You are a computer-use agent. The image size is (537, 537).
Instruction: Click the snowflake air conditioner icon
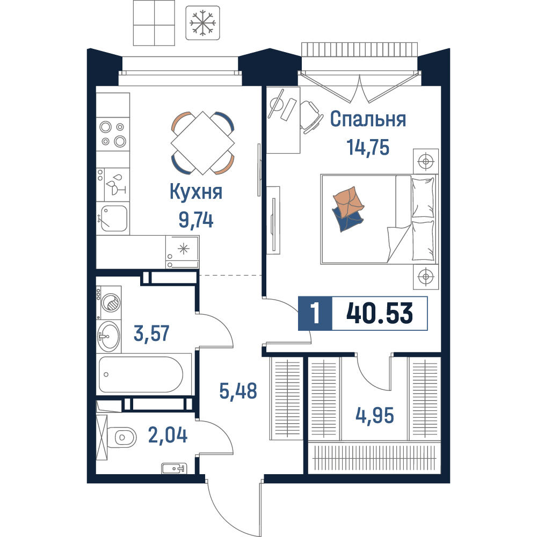[x=202, y=23]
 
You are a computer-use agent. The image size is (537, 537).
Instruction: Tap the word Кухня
[x=196, y=192]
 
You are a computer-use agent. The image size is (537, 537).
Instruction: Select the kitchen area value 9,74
[x=196, y=220]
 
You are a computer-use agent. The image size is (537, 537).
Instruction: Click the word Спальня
[x=368, y=119]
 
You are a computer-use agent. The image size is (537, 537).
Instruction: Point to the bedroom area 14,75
[x=368, y=147]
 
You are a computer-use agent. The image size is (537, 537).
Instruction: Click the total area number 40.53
[x=380, y=314]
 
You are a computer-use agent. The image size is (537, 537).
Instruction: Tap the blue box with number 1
[x=315, y=314]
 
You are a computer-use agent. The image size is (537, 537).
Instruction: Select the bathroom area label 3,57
[x=151, y=333]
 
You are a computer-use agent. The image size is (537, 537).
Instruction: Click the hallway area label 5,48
[x=238, y=391]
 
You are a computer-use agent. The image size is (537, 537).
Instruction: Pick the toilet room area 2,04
[x=168, y=435]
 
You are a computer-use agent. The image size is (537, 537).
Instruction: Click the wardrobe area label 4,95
[x=375, y=415]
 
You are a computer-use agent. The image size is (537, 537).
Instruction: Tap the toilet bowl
[x=121, y=437]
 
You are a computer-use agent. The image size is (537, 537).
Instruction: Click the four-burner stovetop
[x=113, y=134]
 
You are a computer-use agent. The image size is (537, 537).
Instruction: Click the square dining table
[x=203, y=143]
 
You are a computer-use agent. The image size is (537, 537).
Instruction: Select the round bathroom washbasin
[x=108, y=336]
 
